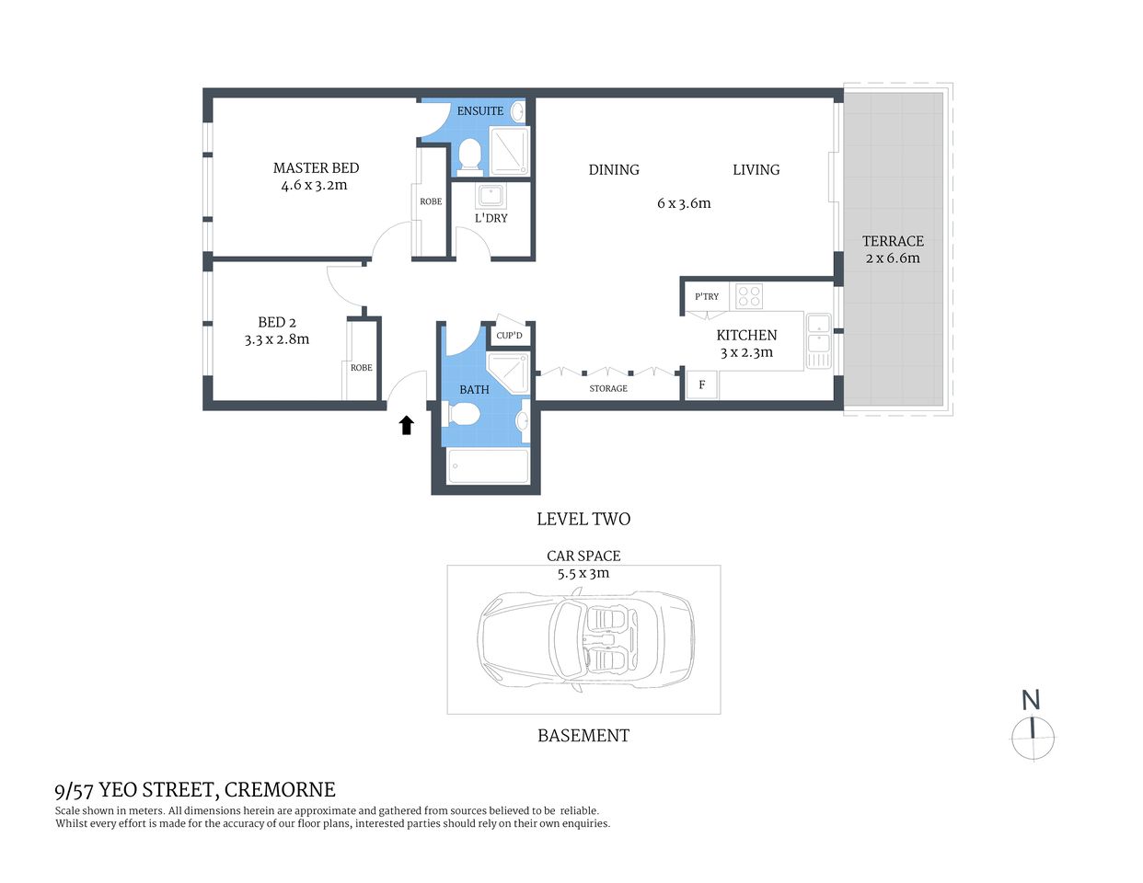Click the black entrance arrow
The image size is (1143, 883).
pyautogui.click(x=406, y=424)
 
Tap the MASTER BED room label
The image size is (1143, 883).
pyautogui.click(x=316, y=168)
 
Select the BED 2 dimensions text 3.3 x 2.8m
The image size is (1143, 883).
pyautogui.click(x=277, y=339)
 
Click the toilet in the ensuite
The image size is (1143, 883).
pyautogui.click(x=470, y=155)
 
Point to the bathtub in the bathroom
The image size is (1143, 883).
pyautogui.click(x=488, y=466)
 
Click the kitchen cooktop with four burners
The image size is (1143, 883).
pyautogui.click(x=749, y=296)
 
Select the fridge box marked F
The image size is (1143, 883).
pyautogui.click(x=701, y=384)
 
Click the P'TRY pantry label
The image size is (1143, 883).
pyautogui.click(x=707, y=296)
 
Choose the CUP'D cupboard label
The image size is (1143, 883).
pyautogui.click(x=509, y=336)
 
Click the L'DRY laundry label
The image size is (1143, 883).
pyautogui.click(x=491, y=218)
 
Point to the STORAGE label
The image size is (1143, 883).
pyautogui.click(x=608, y=388)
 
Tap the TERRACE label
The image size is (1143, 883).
pyautogui.click(x=893, y=241)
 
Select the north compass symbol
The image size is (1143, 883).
pyautogui.click(x=1033, y=737)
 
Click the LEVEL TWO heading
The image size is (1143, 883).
pyautogui.click(x=583, y=519)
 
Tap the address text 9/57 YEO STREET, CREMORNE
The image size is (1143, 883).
pyautogui.click(x=195, y=789)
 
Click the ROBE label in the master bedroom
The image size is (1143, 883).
pyautogui.click(x=431, y=201)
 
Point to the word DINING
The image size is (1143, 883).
pyautogui.click(x=614, y=170)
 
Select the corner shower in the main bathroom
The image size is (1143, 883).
pyautogui.click(x=507, y=372)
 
